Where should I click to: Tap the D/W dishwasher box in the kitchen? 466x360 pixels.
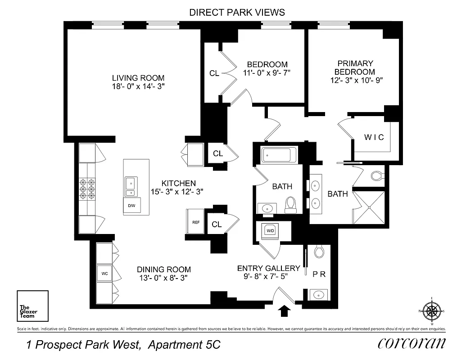point(131,206)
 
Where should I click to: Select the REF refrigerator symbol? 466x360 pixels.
point(196,222)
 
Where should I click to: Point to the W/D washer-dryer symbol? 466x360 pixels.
point(270,231)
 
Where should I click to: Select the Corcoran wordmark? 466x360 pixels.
point(412,343)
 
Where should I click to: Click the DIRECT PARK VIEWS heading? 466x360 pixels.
point(237,12)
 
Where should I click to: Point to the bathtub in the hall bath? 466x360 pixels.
point(279,155)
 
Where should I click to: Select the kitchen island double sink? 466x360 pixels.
point(130,187)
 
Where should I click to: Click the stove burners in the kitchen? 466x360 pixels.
point(87,188)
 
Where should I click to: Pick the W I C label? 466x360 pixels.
point(374,137)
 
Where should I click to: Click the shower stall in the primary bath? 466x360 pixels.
point(369,207)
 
